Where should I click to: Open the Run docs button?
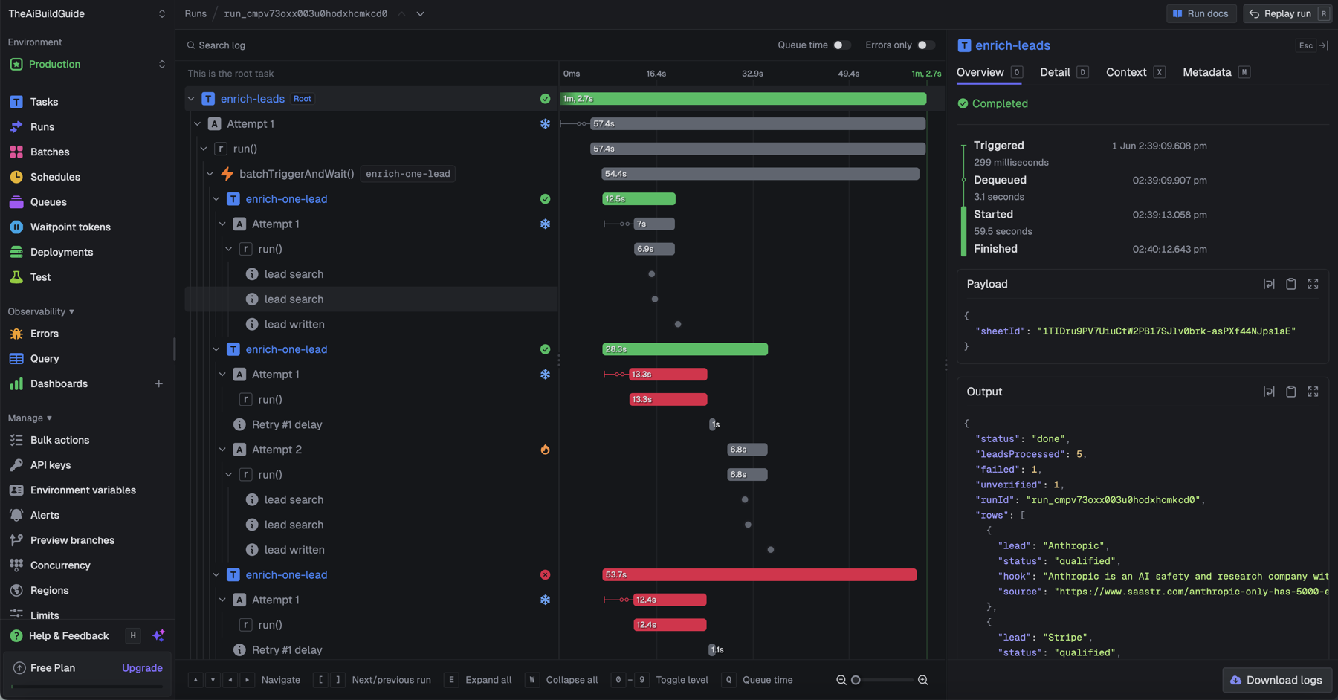pos(1200,13)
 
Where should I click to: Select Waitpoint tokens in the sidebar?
pos(70,227)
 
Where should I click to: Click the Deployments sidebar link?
pos(62,252)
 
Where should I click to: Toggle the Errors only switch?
pos(925,45)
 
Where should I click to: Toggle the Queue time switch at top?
pos(841,45)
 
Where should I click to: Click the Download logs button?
pos(1276,680)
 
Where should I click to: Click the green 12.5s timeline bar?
pos(639,199)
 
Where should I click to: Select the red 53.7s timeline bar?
pos(759,575)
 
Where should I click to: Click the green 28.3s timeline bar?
pos(685,349)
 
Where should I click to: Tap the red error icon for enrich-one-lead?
pos(545,575)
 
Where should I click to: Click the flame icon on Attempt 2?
pos(545,450)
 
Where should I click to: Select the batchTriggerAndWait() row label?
pos(297,174)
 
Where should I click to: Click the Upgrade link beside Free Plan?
pos(142,668)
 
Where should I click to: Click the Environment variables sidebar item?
pos(83,490)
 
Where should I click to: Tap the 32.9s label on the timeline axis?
pos(752,74)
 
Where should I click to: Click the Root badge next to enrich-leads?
pos(303,99)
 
